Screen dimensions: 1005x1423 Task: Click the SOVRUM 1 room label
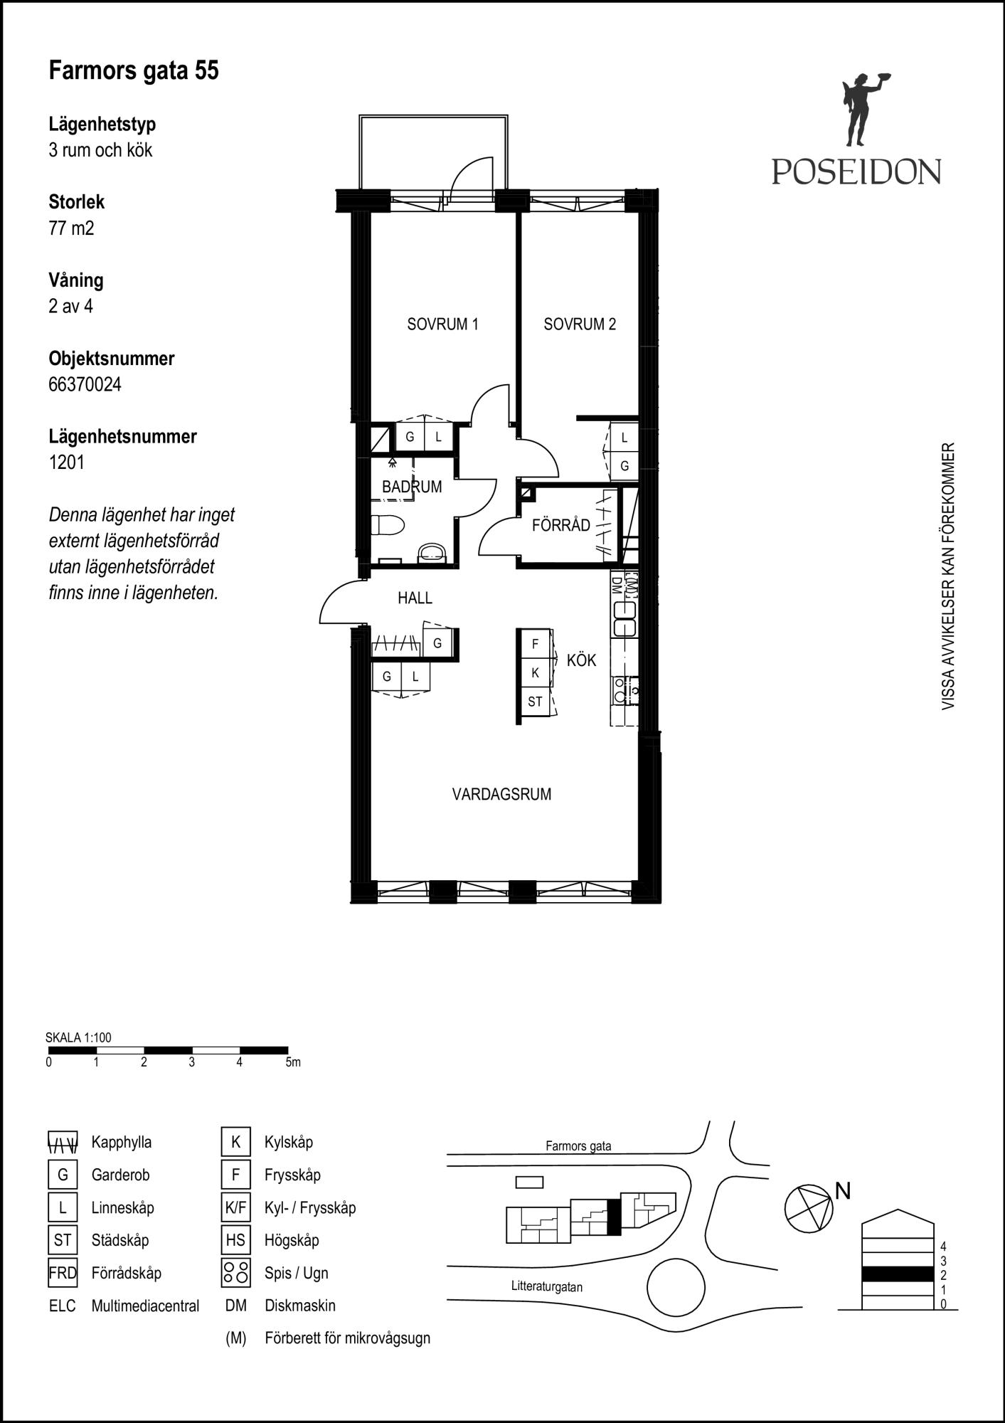coord(442,324)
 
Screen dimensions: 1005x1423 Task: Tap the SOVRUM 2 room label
coord(580,324)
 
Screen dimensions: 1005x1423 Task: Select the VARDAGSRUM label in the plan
coord(501,794)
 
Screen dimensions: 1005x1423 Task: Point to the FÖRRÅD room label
coord(561,525)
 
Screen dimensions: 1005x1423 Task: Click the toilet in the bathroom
coord(387,526)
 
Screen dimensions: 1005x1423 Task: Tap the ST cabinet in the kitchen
coord(535,702)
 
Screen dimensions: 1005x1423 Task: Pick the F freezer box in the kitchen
coord(535,644)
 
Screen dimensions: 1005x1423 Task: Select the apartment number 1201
coord(67,462)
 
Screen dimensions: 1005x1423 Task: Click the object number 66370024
coord(85,384)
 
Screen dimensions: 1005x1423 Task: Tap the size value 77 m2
coord(71,228)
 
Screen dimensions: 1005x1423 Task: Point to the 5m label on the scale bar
coord(293,1062)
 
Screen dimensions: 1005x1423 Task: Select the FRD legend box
coord(63,1273)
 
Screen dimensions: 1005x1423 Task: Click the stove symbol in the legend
coord(235,1273)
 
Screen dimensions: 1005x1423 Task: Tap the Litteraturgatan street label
coord(547,1286)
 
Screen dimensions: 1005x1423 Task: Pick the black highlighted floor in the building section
coord(897,1274)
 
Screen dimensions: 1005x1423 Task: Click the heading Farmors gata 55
coord(134,70)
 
